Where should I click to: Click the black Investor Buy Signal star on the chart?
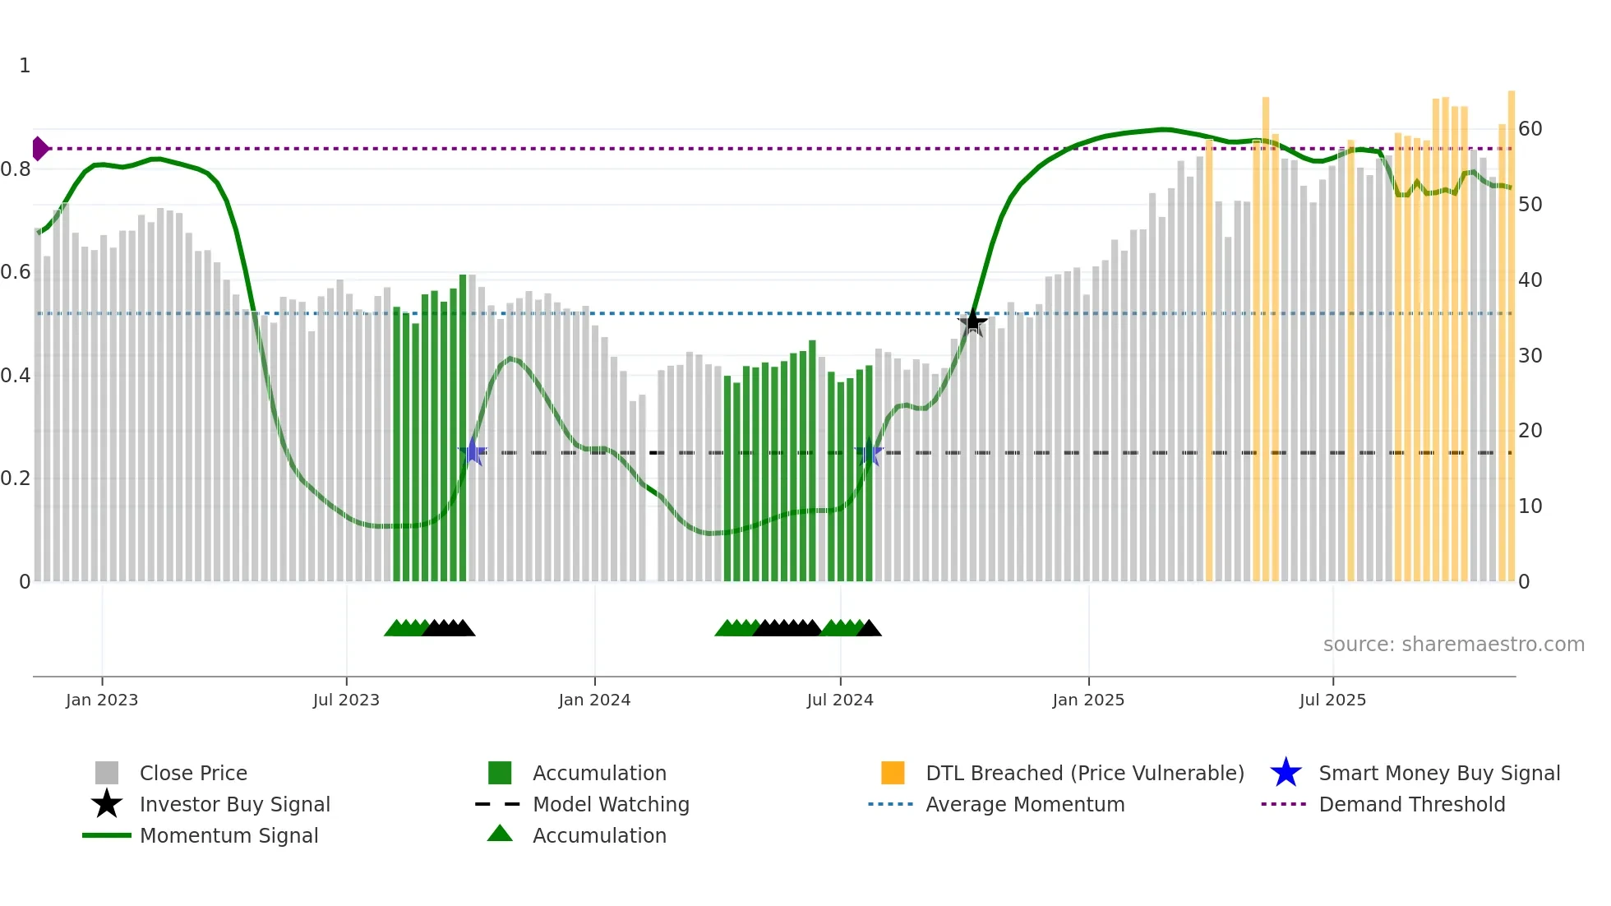tap(972, 321)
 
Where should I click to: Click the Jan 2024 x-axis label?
tap(594, 700)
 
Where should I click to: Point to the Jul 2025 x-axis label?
tap(1332, 700)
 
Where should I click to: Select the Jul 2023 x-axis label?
tap(346, 700)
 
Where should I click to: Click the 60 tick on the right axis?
tap(1530, 129)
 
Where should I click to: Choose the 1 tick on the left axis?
tap(25, 66)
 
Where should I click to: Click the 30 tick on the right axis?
tap(1530, 356)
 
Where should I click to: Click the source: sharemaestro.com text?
tap(1453, 645)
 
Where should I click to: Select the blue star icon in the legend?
tap(1286, 773)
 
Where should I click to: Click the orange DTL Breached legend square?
tap(893, 773)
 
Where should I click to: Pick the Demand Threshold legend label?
tap(1411, 804)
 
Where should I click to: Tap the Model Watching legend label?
tap(611, 804)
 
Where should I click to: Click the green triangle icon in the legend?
tap(500, 834)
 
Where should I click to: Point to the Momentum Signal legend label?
tap(228, 835)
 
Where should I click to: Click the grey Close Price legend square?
tap(107, 773)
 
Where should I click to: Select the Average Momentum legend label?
tap(1025, 804)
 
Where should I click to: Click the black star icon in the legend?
tap(107, 804)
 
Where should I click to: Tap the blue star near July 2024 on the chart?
tap(869, 452)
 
